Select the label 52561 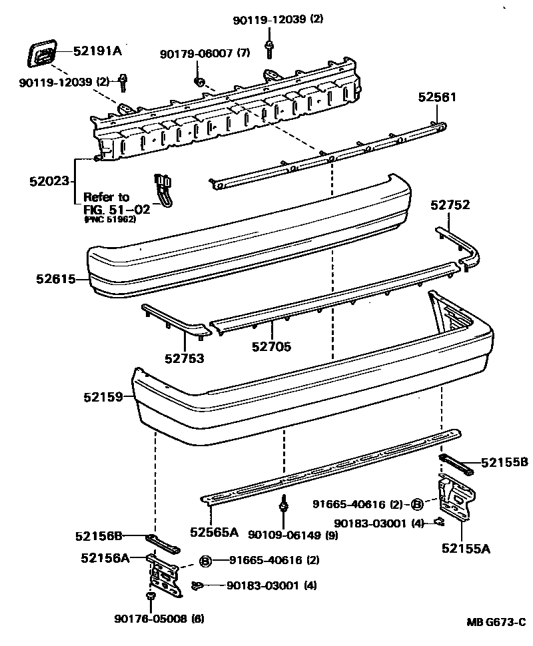(438, 97)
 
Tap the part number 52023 (49, 181)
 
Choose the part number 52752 (450, 205)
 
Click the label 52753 (185, 359)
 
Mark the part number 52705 (271, 346)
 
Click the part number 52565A (213, 531)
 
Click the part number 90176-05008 (151, 619)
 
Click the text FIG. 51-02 (117, 208)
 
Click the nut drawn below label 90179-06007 (199, 81)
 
